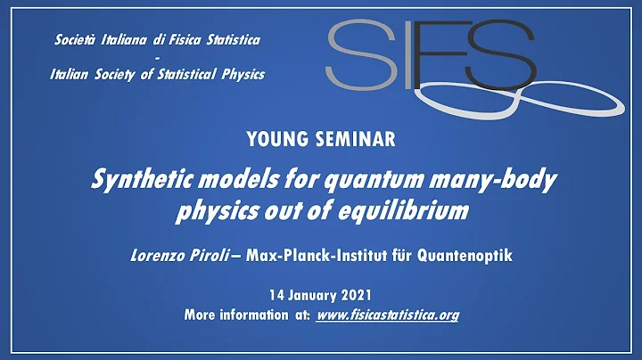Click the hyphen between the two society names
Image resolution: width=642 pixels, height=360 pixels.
click(157, 57)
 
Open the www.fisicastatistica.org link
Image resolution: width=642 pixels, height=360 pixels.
click(388, 315)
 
